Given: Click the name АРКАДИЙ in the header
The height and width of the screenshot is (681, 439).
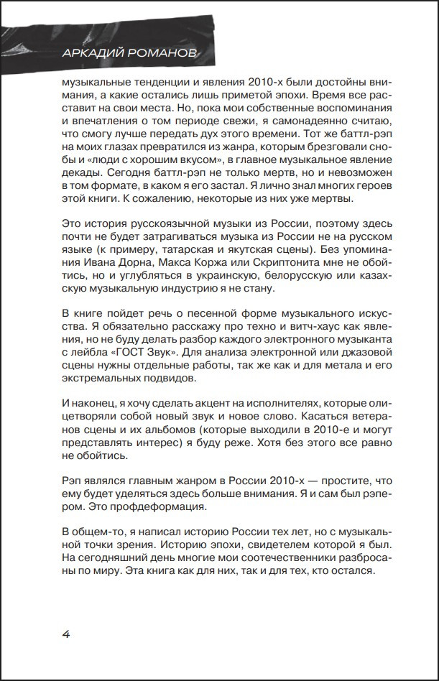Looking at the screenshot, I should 90,55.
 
